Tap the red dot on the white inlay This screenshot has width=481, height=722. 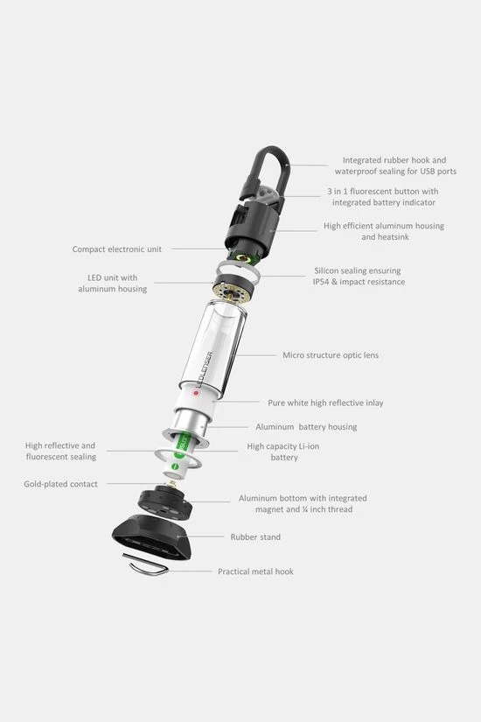click(x=196, y=393)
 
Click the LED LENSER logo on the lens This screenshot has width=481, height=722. click(x=205, y=369)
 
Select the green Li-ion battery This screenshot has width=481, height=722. click(x=179, y=453)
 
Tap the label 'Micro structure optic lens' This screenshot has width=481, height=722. click(x=331, y=355)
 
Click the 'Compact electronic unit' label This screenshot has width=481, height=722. click(x=117, y=249)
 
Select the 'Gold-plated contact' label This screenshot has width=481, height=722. click(x=60, y=484)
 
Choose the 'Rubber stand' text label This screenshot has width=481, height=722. click(x=255, y=536)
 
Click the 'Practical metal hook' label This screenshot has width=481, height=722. click(x=255, y=571)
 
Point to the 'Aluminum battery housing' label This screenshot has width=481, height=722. click(x=306, y=427)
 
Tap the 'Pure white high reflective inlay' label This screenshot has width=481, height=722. click(x=325, y=403)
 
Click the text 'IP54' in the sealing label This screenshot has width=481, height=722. click(x=321, y=282)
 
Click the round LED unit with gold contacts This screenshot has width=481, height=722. click(x=233, y=288)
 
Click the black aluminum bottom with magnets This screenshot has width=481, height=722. click(x=164, y=504)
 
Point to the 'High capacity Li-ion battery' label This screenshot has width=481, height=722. click(x=283, y=452)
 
